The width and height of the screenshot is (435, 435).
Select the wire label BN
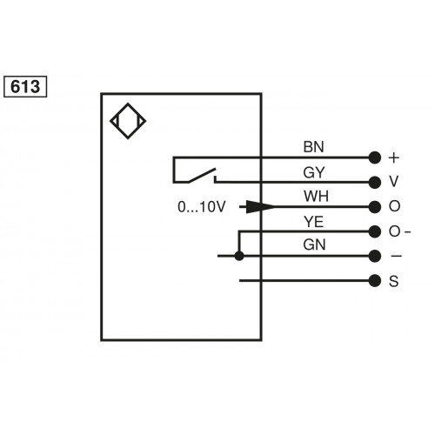pyautogui.click(x=313, y=149)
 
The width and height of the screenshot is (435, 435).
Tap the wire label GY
pyautogui.click(x=313, y=173)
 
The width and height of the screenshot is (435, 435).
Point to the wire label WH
pyautogui.click(x=313, y=197)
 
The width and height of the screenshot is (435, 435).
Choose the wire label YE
pyautogui.click(x=313, y=223)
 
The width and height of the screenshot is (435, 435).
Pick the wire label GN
pyautogui.click(x=313, y=247)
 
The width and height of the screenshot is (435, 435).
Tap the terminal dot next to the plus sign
pyautogui.click(x=375, y=157)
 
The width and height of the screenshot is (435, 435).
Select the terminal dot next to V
pyautogui.click(x=375, y=182)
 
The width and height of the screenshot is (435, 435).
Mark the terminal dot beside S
pyautogui.click(x=375, y=280)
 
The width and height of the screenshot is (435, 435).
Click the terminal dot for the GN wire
pyautogui.click(x=375, y=256)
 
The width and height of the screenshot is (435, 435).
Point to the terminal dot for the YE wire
pyautogui.click(x=375, y=231)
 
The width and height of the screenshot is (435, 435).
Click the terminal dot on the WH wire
pyautogui.click(x=375, y=207)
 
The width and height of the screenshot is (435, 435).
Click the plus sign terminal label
pyautogui.click(x=394, y=157)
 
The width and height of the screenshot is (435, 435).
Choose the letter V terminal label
pyautogui.click(x=394, y=182)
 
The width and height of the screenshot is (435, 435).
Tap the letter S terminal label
pyautogui.click(x=394, y=280)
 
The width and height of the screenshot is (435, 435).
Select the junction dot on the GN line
pyautogui.click(x=239, y=256)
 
